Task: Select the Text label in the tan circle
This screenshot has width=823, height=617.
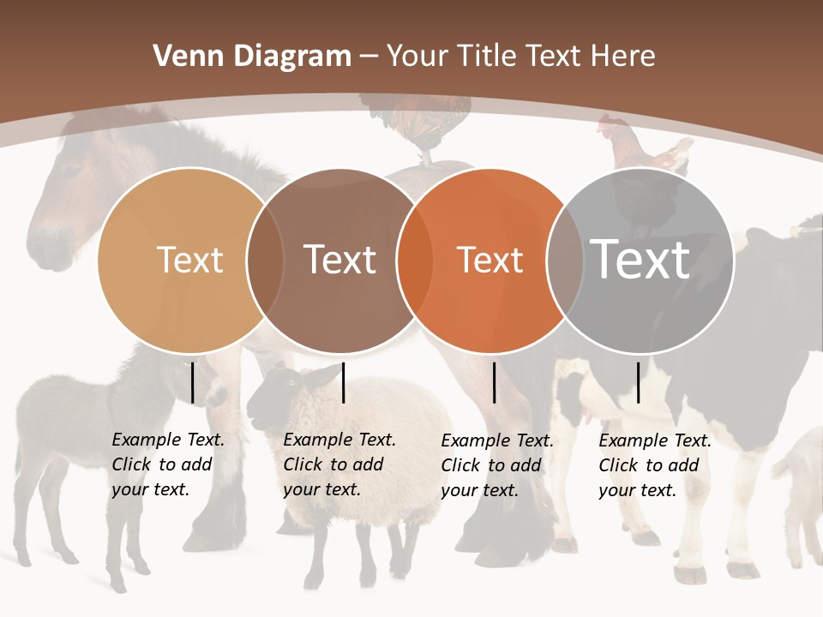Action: click(189, 260)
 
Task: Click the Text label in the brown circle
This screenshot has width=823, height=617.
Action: click(339, 260)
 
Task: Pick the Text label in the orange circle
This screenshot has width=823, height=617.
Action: click(490, 260)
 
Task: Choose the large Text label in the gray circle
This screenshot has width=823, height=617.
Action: click(640, 259)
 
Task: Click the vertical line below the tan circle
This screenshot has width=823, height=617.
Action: click(192, 382)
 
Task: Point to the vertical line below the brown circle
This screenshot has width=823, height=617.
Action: click(343, 382)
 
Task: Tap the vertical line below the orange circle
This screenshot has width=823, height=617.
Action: click(494, 382)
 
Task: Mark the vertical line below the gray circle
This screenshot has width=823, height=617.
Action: click(638, 382)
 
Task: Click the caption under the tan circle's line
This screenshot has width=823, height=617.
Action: click(167, 464)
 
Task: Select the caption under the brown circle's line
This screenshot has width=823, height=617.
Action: click(339, 464)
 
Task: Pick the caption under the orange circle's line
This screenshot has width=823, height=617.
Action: click(496, 465)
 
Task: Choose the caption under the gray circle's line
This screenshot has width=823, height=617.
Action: click(654, 465)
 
